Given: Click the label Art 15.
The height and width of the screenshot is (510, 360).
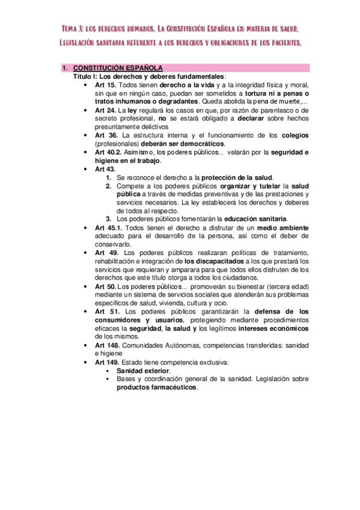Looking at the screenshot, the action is click(106, 85).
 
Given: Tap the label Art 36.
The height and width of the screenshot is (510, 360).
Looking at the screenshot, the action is click(106, 135).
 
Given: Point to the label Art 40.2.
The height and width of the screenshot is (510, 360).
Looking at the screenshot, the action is click(110, 152).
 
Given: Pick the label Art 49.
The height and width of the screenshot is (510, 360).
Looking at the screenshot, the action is click(106, 253).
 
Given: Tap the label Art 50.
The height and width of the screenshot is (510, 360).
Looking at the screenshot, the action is click(106, 286).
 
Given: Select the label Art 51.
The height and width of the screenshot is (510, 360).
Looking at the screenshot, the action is click(106, 312).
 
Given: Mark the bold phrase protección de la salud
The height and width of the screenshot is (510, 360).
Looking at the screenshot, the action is click(237, 177).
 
